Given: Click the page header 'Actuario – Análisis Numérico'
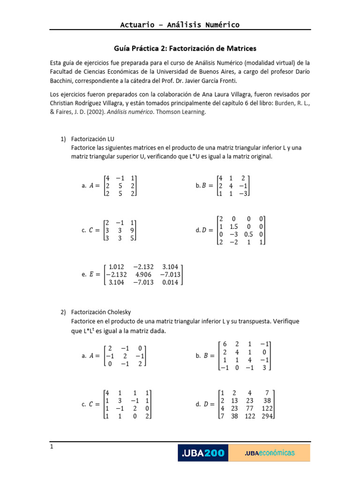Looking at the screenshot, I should [x=180, y=24].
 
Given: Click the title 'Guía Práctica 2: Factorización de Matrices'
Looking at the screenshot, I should [x=185, y=48].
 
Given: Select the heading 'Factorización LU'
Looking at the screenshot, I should [x=92, y=139].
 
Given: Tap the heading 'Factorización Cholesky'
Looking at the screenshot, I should [x=101, y=312].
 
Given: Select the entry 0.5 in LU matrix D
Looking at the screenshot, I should [x=249, y=234].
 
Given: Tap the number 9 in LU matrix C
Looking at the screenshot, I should [x=134, y=230].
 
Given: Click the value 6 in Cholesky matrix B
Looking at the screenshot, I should [x=225, y=344].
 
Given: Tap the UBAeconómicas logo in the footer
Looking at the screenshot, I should [x=270, y=453].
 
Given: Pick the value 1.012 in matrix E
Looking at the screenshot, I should [x=116, y=266].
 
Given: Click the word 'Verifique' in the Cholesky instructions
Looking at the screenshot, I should [x=284, y=321].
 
